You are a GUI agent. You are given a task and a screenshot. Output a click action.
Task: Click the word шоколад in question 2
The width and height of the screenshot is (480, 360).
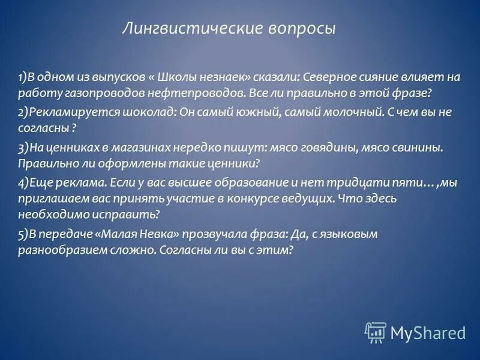(128, 112)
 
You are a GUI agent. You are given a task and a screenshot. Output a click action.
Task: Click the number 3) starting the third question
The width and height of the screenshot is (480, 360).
(23, 147)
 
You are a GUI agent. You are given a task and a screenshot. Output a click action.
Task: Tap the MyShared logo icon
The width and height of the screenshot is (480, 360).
(375, 332)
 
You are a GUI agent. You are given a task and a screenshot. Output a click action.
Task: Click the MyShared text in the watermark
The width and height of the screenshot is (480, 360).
(428, 332)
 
